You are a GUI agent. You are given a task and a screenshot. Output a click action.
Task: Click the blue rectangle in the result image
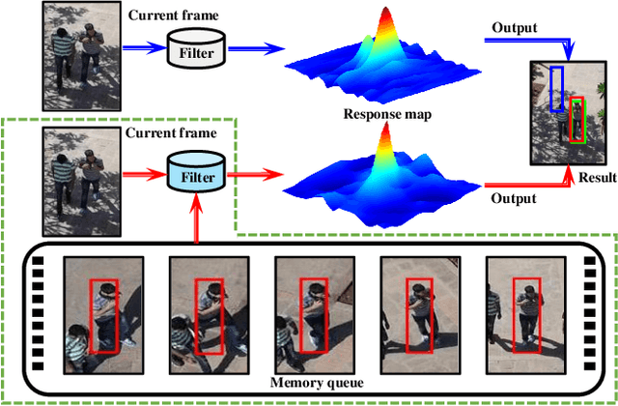[556, 89]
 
